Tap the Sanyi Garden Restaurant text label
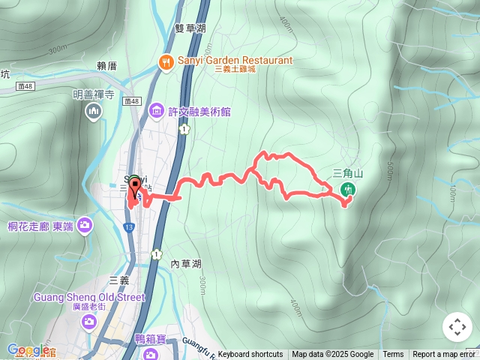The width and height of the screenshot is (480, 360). tap(235, 60)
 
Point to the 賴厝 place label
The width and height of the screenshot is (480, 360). tap(107, 66)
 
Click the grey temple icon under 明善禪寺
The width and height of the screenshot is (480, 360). tap(94, 112)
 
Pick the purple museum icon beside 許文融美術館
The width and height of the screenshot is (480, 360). tap(157, 112)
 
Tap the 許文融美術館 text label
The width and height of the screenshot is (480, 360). tap(199, 112)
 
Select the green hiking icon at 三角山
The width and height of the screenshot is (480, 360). tap(347, 190)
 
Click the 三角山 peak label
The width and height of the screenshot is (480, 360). tap(348, 173)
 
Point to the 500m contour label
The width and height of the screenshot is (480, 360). tap(391, 173)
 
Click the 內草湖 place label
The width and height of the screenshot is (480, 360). tap(186, 264)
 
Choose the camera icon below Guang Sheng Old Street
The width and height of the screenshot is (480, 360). tap(89, 321)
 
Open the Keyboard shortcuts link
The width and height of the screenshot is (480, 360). tap(250, 355)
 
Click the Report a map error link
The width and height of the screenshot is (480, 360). tap(444, 355)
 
